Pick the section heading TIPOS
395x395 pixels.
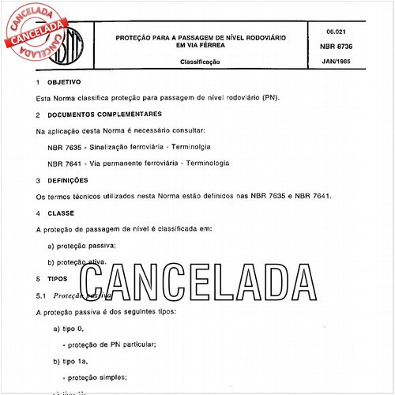pos(58,279)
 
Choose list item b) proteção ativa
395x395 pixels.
pos(77,262)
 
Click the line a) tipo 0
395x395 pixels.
pos(70,328)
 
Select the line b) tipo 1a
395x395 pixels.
pos(71,361)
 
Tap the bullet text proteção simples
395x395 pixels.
pos(99,378)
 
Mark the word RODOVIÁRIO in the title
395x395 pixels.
pos(260,37)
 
